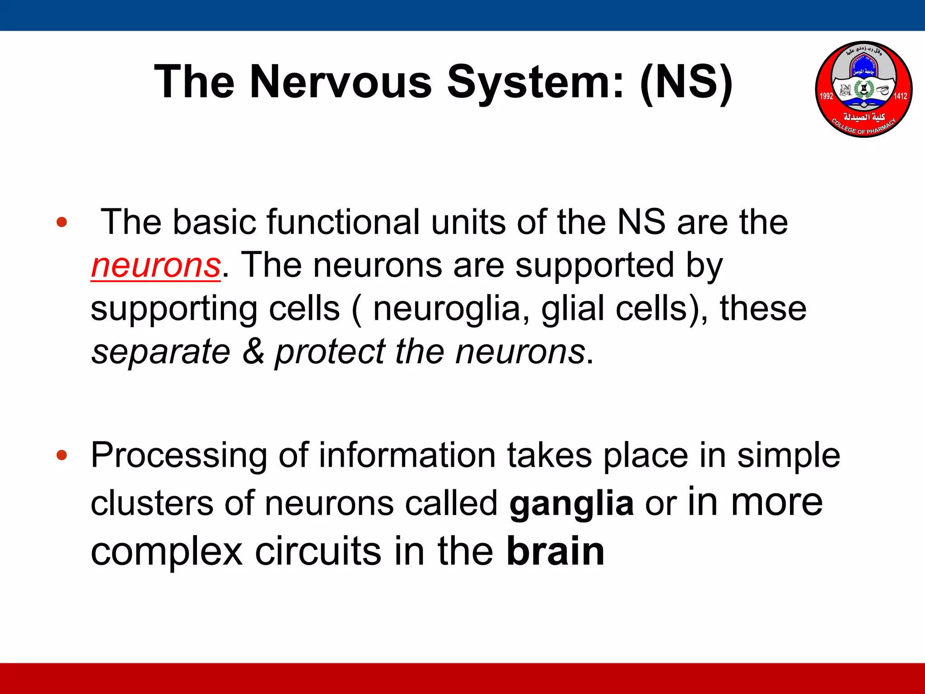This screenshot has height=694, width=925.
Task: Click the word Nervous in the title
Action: [x=341, y=82]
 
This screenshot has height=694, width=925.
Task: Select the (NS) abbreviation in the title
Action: [x=686, y=82]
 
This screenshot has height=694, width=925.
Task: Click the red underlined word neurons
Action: [x=156, y=266]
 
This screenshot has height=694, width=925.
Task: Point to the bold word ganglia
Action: [x=571, y=503]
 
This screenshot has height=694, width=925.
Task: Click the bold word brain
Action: [x=555, y=551]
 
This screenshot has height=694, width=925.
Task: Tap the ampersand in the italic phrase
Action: [x=253, y=352]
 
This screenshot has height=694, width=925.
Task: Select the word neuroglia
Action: [x=447, y=309]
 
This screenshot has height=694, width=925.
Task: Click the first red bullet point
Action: [x=62, y=222]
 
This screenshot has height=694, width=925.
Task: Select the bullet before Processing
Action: [x=62, y=455]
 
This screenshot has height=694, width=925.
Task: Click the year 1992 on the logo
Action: [x=826, y=96]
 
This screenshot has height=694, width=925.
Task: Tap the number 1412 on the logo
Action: [x=900, y=96]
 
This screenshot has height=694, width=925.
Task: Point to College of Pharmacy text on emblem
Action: [x=863, y=128]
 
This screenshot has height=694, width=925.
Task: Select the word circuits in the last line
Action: [x=318, y=551]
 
